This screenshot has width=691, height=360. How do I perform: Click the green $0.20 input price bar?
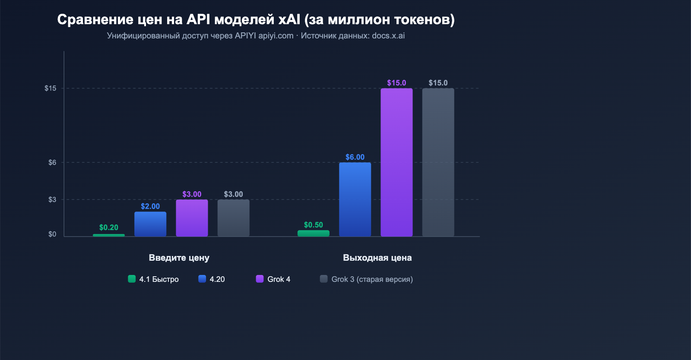(109, 235)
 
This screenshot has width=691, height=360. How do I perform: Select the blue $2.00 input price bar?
(150, 224)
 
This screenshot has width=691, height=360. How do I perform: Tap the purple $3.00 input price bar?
(192, 218)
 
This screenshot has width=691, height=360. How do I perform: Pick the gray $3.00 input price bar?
(233, 218)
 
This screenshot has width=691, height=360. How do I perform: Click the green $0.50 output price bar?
(314, 234)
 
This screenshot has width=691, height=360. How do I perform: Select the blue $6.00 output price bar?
(355, 199)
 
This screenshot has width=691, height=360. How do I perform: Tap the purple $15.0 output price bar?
(396, 162)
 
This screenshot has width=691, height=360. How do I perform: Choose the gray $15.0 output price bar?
(438, 162)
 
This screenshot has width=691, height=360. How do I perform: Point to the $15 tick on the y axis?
(51, 88)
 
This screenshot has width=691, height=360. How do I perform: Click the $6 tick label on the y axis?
(52, 163)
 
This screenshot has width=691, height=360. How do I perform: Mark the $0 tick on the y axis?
(52, 234)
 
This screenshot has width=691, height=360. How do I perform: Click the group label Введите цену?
(179, 258)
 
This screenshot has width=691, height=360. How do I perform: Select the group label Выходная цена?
(377, 258)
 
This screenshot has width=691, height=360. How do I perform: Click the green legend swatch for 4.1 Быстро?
(132, 279)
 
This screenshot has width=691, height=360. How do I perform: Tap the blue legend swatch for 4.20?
(202, 279)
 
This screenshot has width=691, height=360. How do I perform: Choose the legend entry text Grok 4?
(279, 279)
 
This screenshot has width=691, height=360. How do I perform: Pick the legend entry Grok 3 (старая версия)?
(372, 279)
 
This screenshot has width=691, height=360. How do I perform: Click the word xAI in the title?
(289, 19)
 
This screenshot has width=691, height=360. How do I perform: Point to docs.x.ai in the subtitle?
(388, 36)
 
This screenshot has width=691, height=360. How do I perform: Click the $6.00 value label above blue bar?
(355, 157)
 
